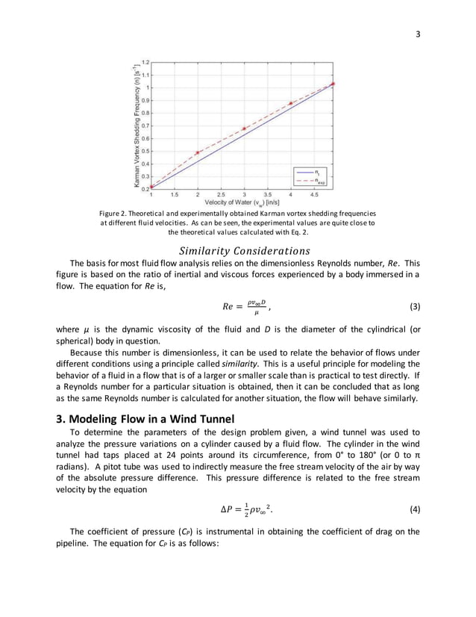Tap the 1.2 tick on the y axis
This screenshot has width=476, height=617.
click(x=145, y=62)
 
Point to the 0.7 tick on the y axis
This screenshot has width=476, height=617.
click(x=145, y=125)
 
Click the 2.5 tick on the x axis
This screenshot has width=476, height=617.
click(x=221, y=193)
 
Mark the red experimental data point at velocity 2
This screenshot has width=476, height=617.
click(x=198, y=152)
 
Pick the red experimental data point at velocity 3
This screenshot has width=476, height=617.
click(x=244, y=128)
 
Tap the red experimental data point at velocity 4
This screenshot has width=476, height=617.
click(x=291, y=103)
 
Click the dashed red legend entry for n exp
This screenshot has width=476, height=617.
click(x=310, y=180)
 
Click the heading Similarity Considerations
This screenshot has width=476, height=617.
click(x=237, y=250)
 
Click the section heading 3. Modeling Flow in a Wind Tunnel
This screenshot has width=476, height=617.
click(x=149, y=418)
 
